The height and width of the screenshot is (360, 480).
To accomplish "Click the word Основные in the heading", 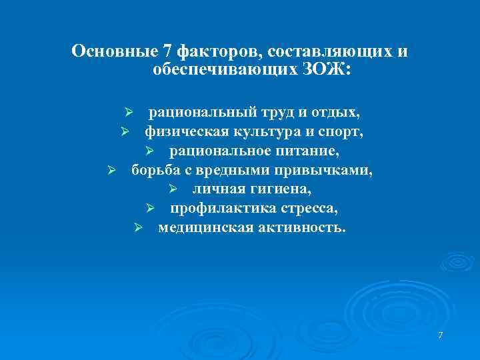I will pyautogui.click(x=113, y=51).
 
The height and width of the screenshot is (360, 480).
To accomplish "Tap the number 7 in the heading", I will pyautogui.click(x=165, y=51).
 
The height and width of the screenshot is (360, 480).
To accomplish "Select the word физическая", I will pyautogui.click(x=183, y=131).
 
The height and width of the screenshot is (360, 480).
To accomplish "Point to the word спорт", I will pyautogui.click(x=342, y=131).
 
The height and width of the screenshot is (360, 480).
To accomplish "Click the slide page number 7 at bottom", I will pyautogui.click(x=441, y=334).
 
